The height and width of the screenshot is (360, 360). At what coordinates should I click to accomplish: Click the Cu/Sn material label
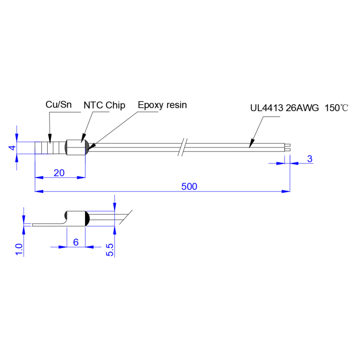point(58,104)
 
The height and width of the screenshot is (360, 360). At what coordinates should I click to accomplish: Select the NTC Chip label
point(104,105)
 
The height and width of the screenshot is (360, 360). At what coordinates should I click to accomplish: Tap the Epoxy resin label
point(162,105)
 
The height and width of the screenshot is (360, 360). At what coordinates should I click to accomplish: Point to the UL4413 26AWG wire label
point(284,108)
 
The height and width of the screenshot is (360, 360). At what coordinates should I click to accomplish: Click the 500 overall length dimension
point(189,186)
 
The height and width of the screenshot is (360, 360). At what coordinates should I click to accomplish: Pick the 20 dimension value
point(59,173)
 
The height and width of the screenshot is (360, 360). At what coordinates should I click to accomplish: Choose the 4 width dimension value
point(13,148)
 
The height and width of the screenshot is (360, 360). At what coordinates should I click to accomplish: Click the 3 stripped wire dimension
point(310,159)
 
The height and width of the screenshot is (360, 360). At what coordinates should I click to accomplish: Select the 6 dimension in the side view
point(76,242)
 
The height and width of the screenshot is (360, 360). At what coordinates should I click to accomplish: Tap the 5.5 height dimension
point(110,250)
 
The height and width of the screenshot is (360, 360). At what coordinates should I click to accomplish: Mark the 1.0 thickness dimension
point(19,249)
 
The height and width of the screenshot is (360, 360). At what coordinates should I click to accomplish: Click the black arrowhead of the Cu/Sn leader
point(50,139)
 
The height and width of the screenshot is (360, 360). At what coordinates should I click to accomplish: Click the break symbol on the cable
point(183,147)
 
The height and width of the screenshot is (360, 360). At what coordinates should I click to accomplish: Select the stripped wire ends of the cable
point(288,148)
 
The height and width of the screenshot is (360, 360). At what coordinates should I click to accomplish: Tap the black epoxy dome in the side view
point(87,218)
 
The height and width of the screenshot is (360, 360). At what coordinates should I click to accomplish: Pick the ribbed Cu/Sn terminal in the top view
point(50,148)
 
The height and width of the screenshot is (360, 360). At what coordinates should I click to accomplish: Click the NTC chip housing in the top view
point(76,147)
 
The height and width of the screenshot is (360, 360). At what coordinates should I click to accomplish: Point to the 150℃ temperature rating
point(336,108)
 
